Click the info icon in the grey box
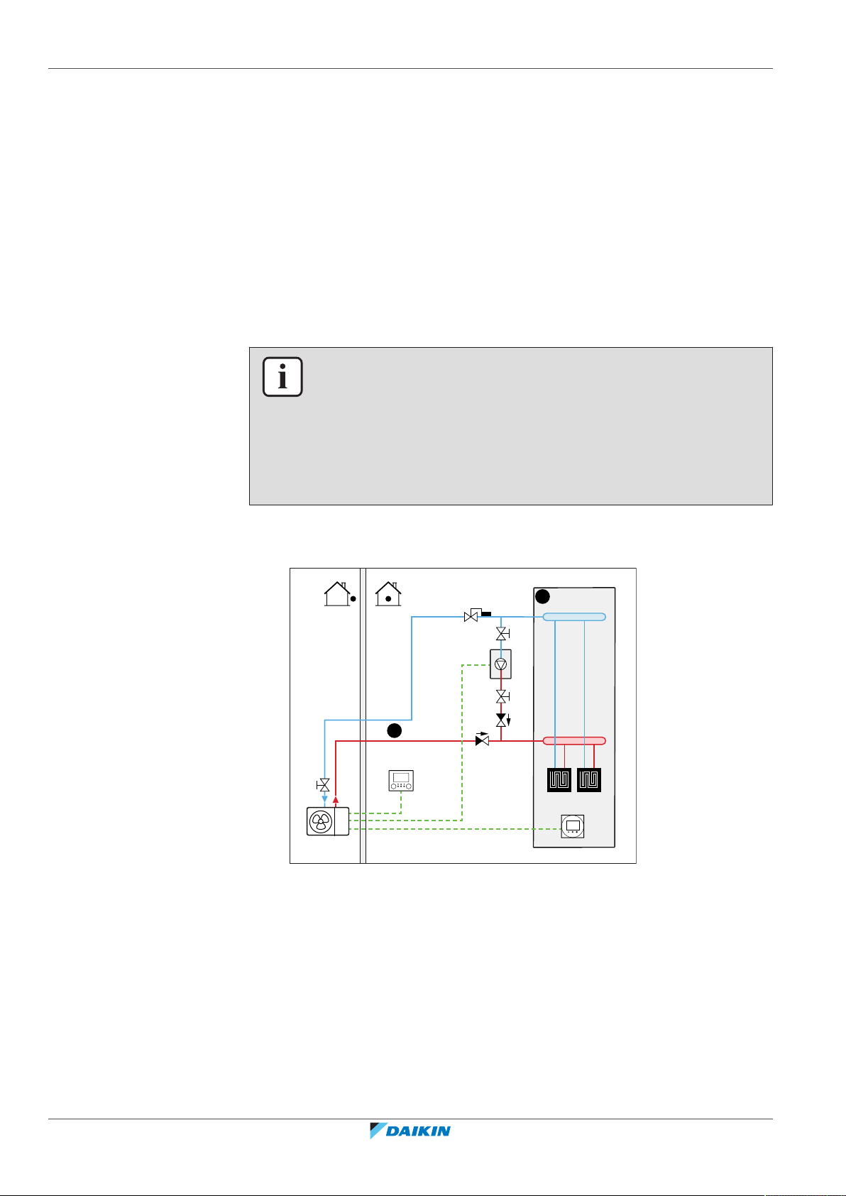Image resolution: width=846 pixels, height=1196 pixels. point(282,377)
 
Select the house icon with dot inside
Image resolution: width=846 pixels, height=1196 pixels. point(388,594)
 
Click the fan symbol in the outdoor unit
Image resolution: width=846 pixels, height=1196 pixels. point(321,822)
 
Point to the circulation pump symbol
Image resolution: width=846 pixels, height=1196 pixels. point(501,664)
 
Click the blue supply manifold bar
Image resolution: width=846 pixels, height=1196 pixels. point(574,617)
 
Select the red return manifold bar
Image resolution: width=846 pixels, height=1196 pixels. point(574,740)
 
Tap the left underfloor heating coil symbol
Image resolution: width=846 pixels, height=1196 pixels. point(559,780)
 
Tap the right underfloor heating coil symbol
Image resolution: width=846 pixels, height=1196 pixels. point(589,780)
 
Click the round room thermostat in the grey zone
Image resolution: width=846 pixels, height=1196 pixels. point(572,825)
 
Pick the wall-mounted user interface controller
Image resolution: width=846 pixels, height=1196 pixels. point(401,781)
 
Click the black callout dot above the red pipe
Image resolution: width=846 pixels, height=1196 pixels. point(395,730)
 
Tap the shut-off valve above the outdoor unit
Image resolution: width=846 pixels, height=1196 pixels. point(324,785)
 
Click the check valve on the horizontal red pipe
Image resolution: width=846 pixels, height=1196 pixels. point(482,740)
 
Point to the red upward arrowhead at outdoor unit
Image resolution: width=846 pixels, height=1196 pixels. point(336,799)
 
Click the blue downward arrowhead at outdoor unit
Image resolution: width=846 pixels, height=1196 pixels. point(324,799)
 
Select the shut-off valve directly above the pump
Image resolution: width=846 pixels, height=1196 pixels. point(501,634)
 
